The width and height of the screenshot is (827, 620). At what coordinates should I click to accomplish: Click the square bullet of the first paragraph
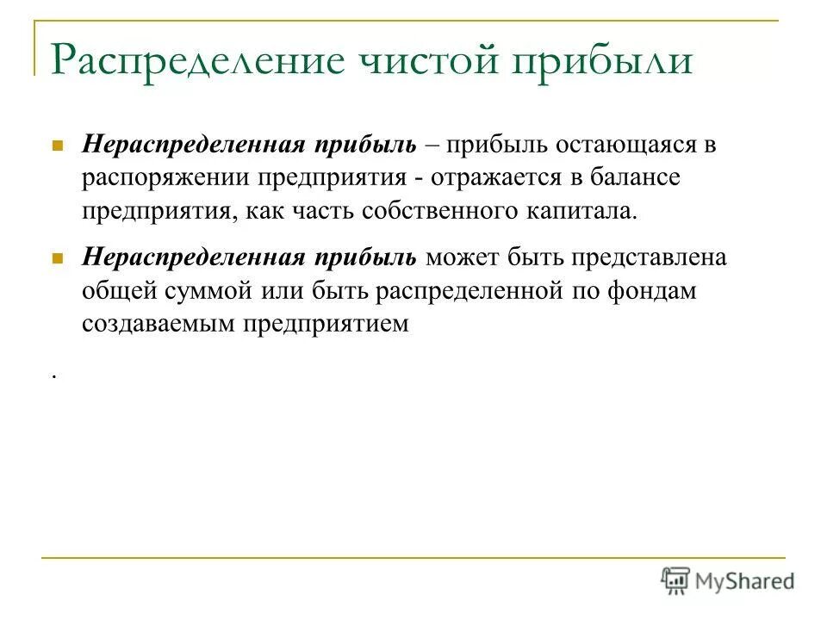59,146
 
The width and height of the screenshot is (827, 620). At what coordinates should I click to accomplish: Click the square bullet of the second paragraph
59,258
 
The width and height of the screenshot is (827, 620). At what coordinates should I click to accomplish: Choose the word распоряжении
160,178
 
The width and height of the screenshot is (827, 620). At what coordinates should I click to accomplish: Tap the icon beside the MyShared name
675,580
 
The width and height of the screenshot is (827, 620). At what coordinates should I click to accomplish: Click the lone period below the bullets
53,375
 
